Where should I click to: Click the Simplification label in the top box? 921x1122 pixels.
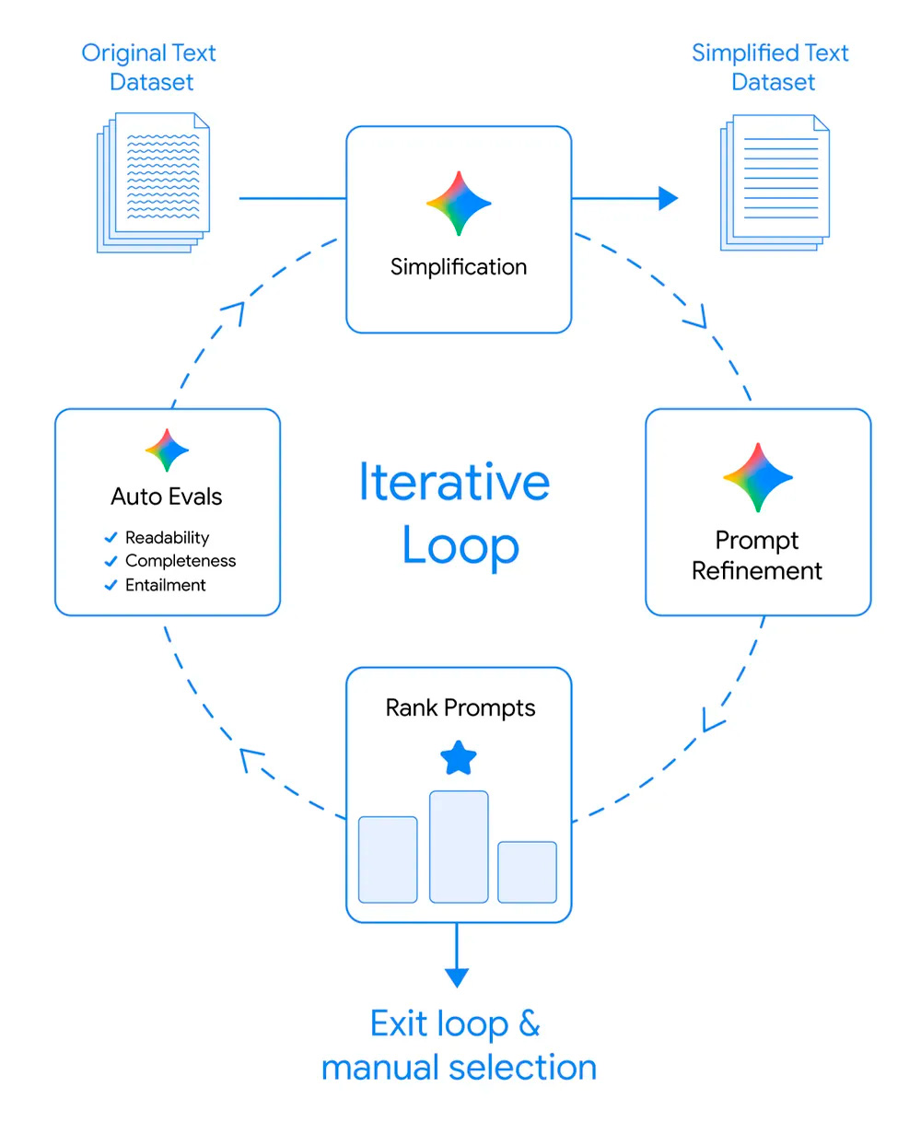pos(459,267)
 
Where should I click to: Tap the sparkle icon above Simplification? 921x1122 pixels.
pos(459,203)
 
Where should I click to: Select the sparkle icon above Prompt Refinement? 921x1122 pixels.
pos(758,477)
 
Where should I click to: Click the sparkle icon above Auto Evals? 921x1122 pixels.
pos(167,450)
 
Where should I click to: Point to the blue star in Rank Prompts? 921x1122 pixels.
pos(459,759)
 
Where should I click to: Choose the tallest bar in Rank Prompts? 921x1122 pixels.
pos(459,847)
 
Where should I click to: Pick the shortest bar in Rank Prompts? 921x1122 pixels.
pos(527,871)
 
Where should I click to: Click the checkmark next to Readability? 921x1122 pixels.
pos(111,537)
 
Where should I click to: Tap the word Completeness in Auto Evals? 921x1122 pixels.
pos(181,561)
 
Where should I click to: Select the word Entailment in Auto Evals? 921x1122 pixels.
pos(166,585)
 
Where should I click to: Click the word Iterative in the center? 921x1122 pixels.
pos(454,482)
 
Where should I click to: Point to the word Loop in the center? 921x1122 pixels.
pos(460,546)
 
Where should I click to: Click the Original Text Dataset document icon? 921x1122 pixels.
pos(154,181)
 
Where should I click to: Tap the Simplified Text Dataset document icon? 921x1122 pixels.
pos(775,182)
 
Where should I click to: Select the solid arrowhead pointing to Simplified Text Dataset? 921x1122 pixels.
pos(669,198)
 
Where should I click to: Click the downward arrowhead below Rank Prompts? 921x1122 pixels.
pos(457,976)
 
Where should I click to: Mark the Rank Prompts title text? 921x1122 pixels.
pos(460,707)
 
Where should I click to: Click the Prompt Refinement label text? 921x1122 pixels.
pos(757,555)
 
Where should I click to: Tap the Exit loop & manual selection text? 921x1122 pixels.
pos(458,1046)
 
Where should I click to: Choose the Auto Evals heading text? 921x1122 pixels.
pos(167,497)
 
